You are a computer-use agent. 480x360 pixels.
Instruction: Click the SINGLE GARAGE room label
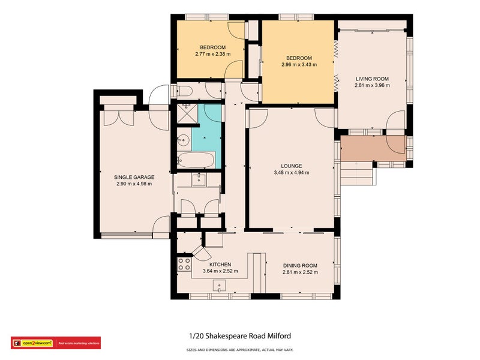134,177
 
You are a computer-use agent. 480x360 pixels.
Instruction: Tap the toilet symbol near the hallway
183,91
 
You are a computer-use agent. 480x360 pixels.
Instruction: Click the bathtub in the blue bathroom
196,160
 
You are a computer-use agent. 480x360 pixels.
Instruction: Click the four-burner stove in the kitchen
184,264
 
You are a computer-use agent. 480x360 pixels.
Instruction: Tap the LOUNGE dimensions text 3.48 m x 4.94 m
291,173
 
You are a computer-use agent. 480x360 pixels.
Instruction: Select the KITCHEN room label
220,264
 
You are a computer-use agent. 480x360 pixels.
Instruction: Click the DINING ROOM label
300,265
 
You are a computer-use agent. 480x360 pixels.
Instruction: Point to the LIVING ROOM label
372,79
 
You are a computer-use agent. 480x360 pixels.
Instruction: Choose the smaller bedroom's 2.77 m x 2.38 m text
212,55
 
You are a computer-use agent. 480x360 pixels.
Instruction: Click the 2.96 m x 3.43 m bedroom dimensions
298,64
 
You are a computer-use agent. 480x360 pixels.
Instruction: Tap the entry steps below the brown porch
358,174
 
